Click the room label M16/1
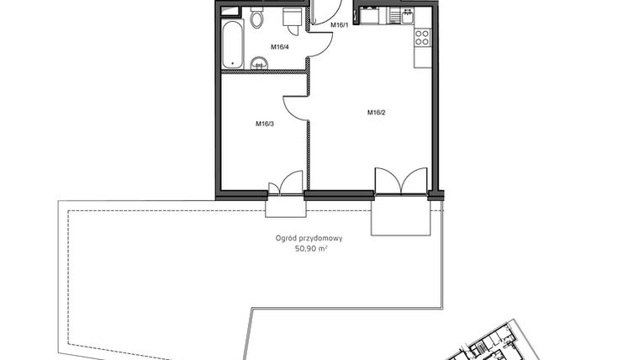click(x=339, y=25)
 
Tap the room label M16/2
click(x=376, y=112)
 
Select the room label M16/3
click(x=265, y=124)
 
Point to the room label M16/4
click(x=279, y=47)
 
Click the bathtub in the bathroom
click(x=232, y=45)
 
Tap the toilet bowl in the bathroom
click(x=257, y=18)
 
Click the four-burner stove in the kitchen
click(x=422, y=38)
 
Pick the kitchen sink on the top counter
click(x=394, y=14)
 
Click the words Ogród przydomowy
click(x=309, y=238)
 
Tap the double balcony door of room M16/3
click(x=285, y=186)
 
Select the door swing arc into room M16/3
click(x=294, y=105)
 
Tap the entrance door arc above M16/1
click(x=324, y=12)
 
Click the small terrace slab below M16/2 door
click(x=400, y=216)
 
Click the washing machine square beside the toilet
click(x=292, y=18)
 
